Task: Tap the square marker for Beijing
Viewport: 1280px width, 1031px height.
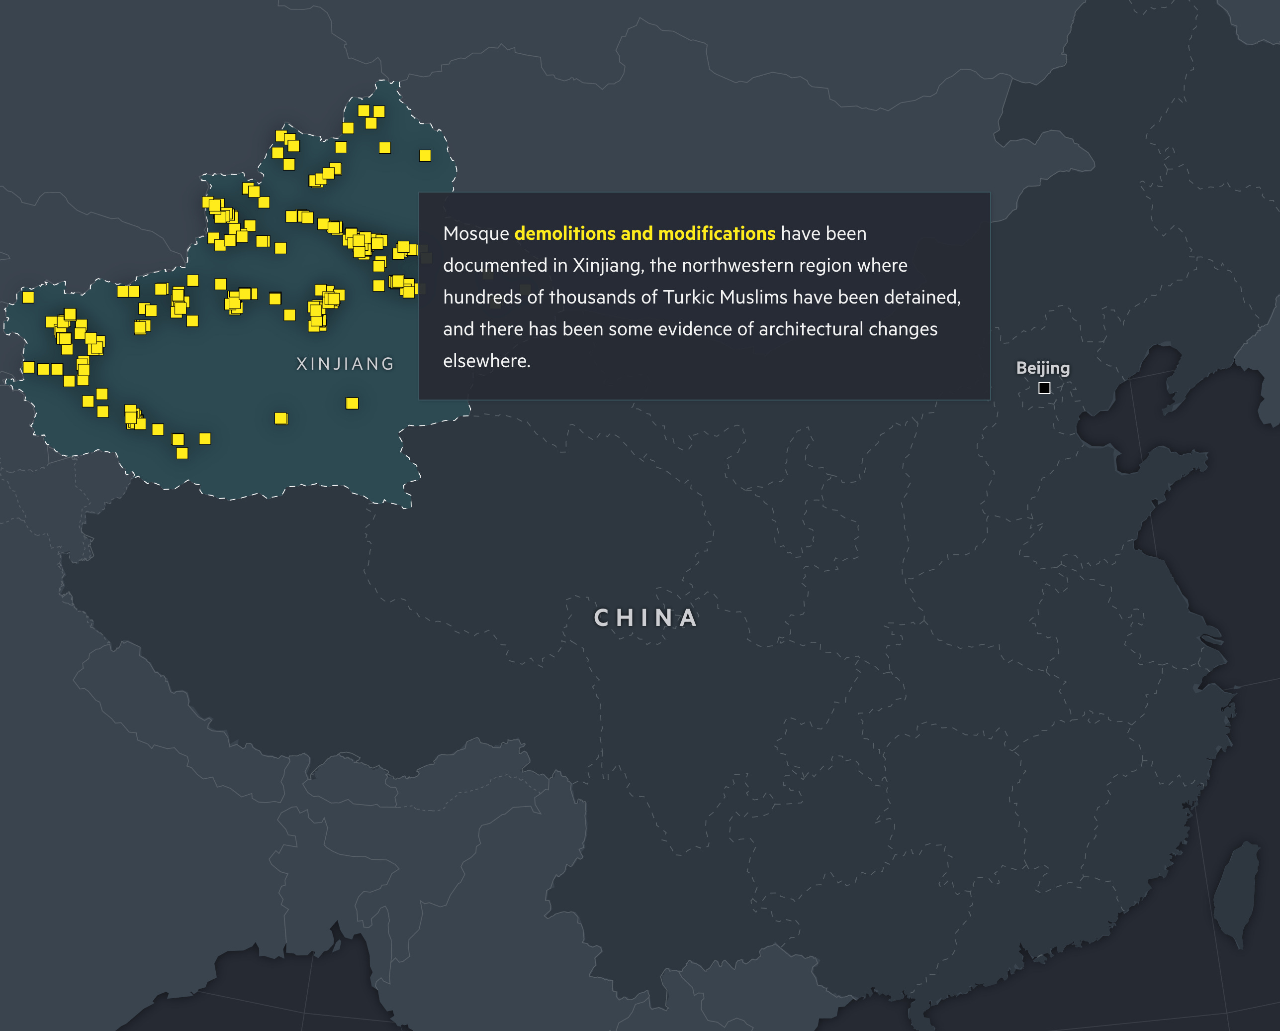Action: click(1044, 388)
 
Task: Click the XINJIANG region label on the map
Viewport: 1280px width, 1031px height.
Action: click(345, 363)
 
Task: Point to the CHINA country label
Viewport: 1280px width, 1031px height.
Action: click(645, 618)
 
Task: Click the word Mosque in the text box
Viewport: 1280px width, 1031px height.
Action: click(475, 233)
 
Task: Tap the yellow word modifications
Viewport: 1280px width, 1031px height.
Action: click(717, 233)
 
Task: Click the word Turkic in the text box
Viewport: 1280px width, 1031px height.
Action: click(690, 297)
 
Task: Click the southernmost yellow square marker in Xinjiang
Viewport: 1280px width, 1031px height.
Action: click(183, 453)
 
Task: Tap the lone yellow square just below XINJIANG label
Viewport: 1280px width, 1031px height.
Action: click(352, 403)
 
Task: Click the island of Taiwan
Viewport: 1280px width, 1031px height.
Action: click(1238, 891)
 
